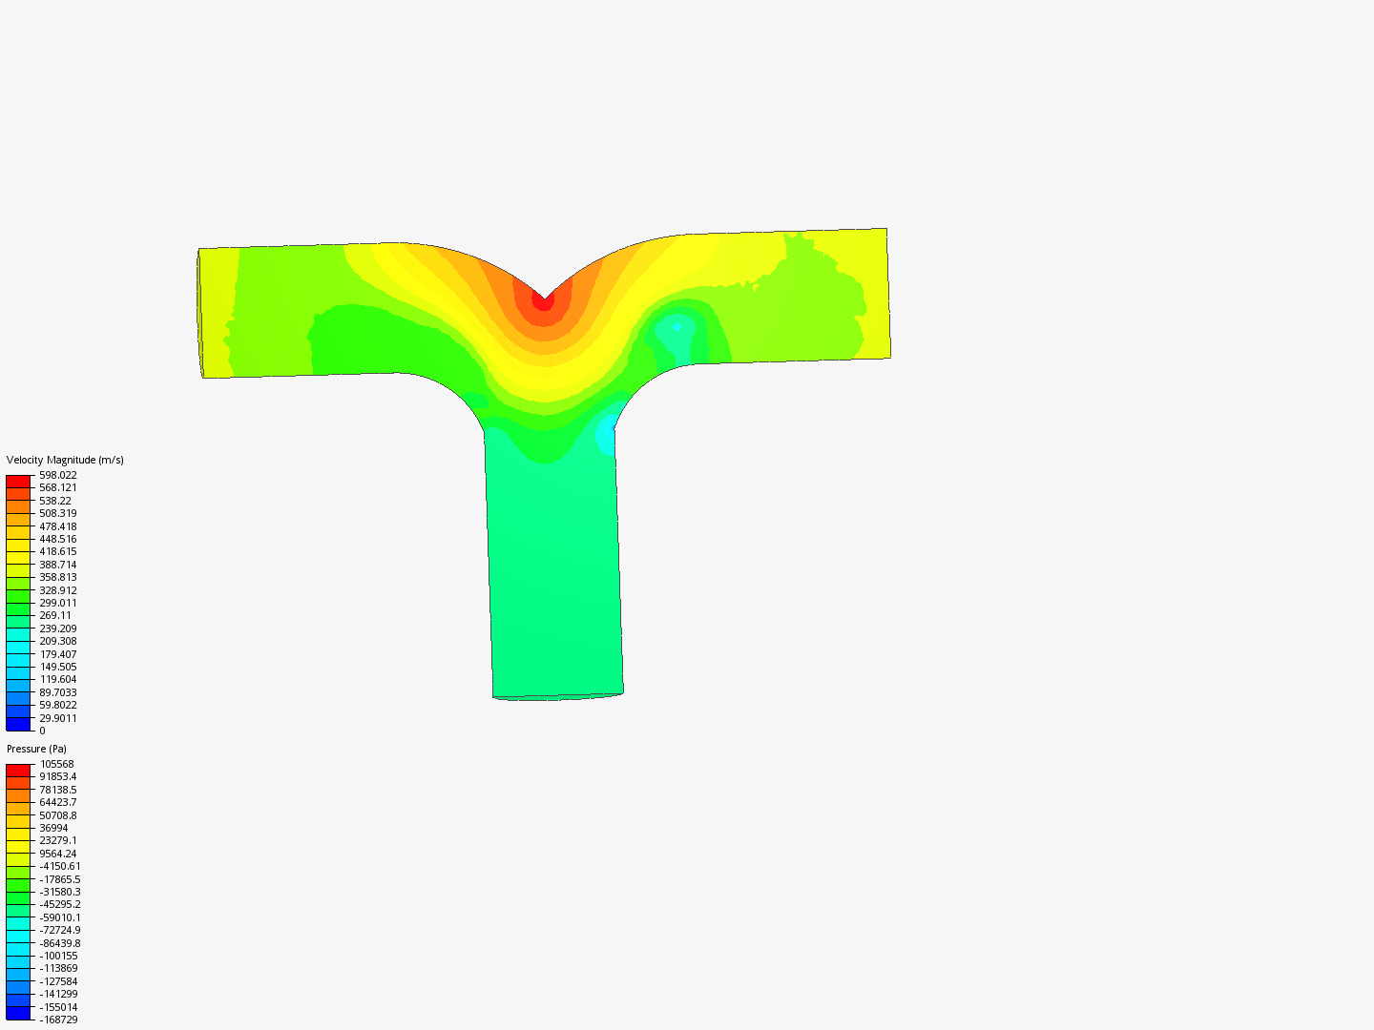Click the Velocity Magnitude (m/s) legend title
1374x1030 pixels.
[x=65, y=460]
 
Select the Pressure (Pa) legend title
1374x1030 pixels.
[x=36, y=749]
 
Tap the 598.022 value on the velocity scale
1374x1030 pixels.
[x=58, y=475]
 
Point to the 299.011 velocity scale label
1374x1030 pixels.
[x=58, y=603]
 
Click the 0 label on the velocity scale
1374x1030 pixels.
[x=43, y=731]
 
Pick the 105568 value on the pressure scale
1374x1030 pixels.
[x=57, y=764]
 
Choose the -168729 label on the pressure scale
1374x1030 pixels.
[x=58, y=1020]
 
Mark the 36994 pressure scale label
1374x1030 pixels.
[x=53, y=828]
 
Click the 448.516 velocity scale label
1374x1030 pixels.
[x=58, y=539]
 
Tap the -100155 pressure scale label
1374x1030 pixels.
[x=58, y=956]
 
